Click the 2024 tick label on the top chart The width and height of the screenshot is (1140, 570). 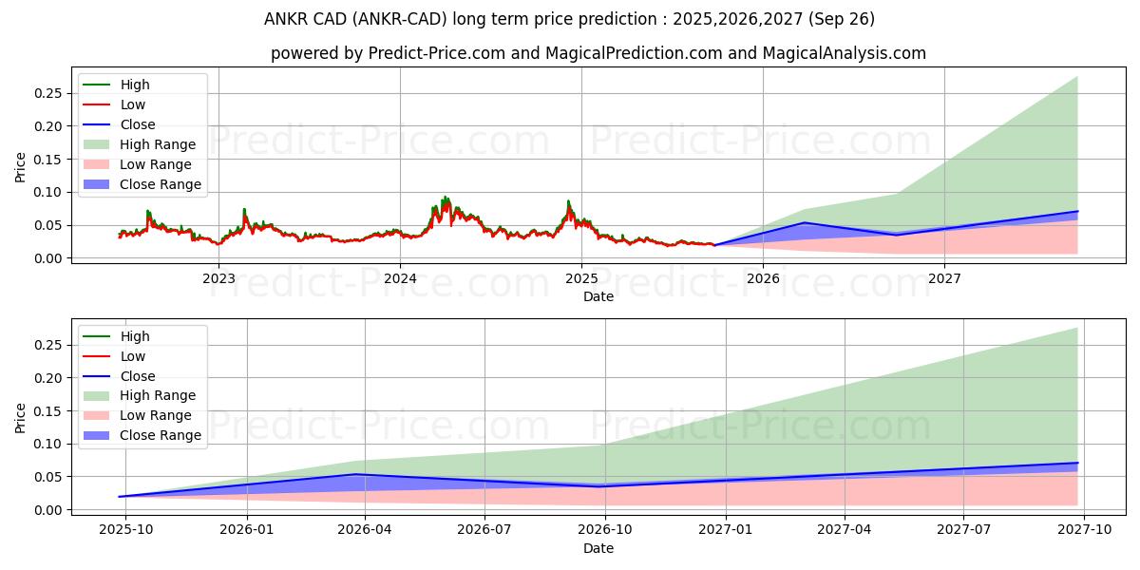click(400, 278)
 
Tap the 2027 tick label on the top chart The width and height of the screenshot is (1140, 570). click(944, 278)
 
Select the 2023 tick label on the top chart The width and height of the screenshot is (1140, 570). click(218, 278)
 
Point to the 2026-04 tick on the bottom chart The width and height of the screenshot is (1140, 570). click(366, 530)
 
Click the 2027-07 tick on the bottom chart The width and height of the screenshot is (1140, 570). click(963, 530)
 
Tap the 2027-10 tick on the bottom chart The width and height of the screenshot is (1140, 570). click(1083, 530)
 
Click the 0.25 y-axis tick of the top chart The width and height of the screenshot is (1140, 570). click(50, 93)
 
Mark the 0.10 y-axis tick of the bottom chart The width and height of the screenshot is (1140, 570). click(50, 444)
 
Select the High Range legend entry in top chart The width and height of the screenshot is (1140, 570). click(157, 144)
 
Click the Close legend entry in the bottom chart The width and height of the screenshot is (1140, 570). click(138, 376)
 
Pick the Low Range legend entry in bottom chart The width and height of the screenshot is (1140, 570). click(155, 415)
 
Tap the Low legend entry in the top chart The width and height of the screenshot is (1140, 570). click(133, 104)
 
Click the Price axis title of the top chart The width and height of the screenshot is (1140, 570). click(21, 167)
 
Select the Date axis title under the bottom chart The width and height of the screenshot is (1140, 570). click(598, 548)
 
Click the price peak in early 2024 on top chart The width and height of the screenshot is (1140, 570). click(445, 198)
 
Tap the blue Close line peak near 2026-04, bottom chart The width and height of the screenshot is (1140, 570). click(355, 474)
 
